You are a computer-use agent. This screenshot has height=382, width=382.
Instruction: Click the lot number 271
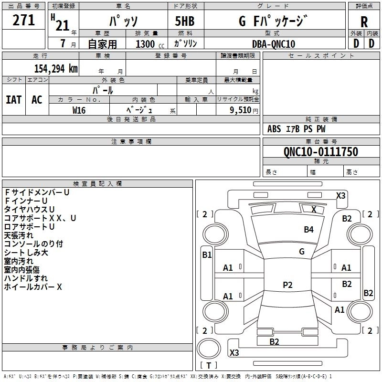pyautogui.click(x=23, y=20)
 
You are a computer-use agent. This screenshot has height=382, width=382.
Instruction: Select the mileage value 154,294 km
pyautogui.click(x=56, y=68)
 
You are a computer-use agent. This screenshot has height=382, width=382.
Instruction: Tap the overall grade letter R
pyautogui.click(x=364, y=22)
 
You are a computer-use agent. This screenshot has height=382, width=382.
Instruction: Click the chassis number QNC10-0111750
pyautogui.click(x=321, y=151)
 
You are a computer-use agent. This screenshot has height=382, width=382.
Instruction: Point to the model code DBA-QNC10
pyautogui.click(x=274, y=44)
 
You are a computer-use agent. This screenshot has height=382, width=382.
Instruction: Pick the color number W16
pyautogui.click(x=79, y=110)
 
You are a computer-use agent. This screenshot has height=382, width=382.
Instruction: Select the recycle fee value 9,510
pyautogui.click(x=241, y=110)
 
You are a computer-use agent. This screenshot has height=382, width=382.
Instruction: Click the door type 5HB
pyautogui.click(x=185, y=21)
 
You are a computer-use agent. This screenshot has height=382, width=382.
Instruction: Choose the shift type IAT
pyautogui.click(x=14, y=100)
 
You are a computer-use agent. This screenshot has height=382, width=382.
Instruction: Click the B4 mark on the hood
pyautogui.click(x=308, y=229)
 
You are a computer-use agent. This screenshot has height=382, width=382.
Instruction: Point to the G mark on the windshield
pyautogui.click(x=302, y=252)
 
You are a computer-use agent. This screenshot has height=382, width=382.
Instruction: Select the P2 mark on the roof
pyautogui.click(x=287, y=285)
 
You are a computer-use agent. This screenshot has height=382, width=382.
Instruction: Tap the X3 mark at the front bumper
pyautogui.click(x=340, y=196)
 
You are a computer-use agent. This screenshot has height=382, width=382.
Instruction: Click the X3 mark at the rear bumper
pyautogui.click(x=234, y=352)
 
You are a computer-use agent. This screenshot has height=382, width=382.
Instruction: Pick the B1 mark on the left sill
pyautogui.click(x=207, y=255)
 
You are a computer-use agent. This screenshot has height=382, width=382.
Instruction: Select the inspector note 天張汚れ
pyautogui.click(x=19, y=235)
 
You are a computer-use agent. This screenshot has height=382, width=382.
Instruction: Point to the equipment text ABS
pyautogui.click(x=274, y=129)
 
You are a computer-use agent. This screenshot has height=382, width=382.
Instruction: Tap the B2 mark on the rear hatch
pyautogui.click(x=274, y=341)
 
